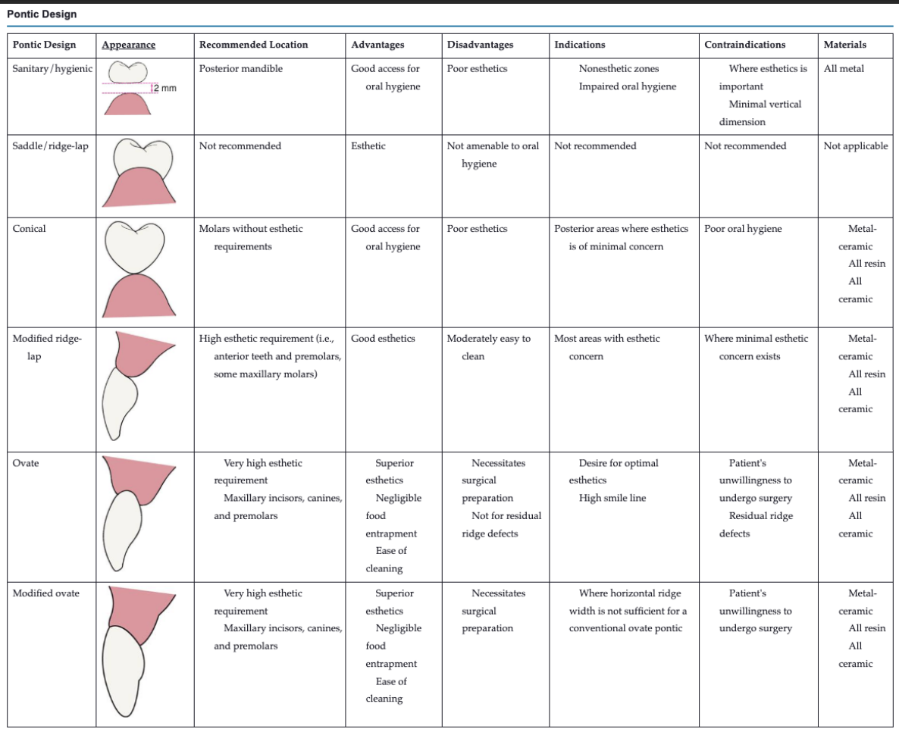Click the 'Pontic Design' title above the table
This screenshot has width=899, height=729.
pyautogui.click(x=42, y=14)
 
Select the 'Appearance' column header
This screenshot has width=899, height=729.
pyautogui.click(x=128, y=45)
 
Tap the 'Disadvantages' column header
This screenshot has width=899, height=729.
pyautogui.click(x=480, y=45)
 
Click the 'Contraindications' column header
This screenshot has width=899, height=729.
pyautogui.click(x=744, y=45)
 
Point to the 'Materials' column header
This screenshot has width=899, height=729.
pyautogui.click(x=844, y=45)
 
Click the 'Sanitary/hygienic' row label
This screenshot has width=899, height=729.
pyautogui.click(x=52, y=68)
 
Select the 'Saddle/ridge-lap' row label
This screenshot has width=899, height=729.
pyautogui.click(x=50, y=145)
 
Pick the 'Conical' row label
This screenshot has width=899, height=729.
pyautogui.click(x=29, y=228)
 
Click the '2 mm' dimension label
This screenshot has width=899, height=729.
pyautogui.click(x=164, y=89)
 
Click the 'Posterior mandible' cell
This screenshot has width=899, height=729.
pyautogui.click(x=240, y=68)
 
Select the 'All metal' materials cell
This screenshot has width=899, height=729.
pyautogui.click(x=844, y=68)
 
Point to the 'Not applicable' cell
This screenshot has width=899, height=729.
pyautogui.click(x=855, y=145)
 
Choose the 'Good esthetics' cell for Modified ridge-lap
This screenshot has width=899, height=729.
pyautogui.click(x=383, y=338)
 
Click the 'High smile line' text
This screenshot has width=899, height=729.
pyautogui.click(x=612, y=498)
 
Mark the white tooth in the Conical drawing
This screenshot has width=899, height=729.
pyautogui.click(x=139, y=246)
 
